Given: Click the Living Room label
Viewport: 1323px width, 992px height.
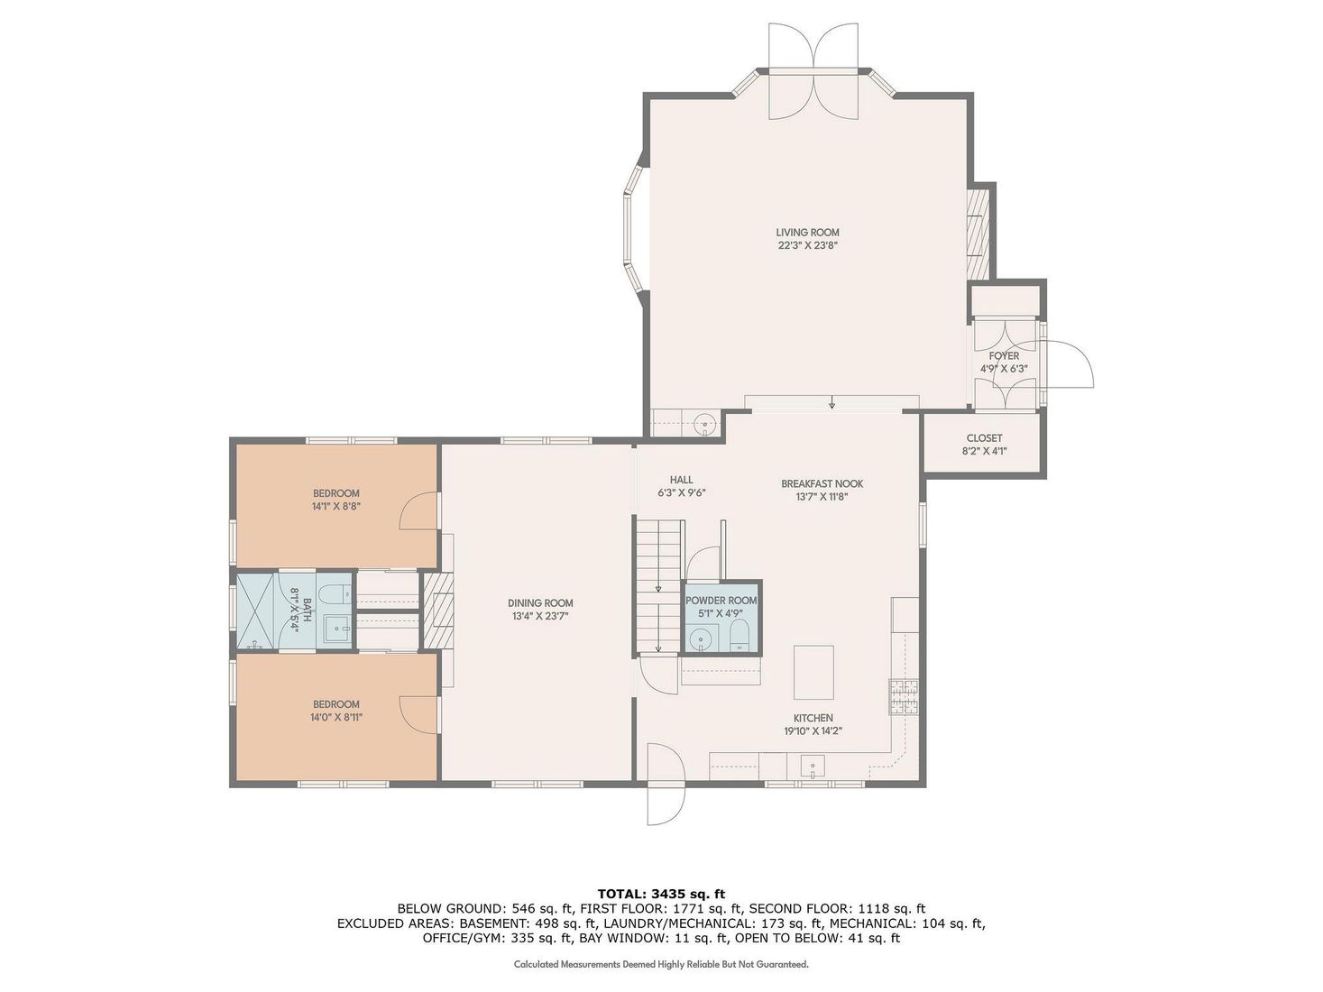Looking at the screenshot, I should coord(807,233).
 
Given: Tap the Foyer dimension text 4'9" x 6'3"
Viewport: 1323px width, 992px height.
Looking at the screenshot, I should coord(1004,369).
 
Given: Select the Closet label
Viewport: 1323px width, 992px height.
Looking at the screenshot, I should coord(984,438).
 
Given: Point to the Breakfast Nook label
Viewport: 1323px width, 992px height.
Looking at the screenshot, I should coord(822,484).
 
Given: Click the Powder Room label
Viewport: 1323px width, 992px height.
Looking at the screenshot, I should coord(721,601).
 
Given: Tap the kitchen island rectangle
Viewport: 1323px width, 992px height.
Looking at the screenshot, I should coord(813,672).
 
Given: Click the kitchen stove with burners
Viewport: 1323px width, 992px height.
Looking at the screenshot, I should coord(904,696).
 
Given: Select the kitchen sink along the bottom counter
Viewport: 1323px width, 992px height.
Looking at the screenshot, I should coord(813,767).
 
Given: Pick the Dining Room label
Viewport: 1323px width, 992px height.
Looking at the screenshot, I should coord(540,603).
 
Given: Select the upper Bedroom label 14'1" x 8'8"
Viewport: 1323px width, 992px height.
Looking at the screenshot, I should coord(335,493).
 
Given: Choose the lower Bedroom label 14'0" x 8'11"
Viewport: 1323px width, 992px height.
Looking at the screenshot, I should coord(335,704).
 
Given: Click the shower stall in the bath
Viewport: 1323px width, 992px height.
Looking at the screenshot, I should coord(256,611).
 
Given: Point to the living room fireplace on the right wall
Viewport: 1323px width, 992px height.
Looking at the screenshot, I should coord(978,234).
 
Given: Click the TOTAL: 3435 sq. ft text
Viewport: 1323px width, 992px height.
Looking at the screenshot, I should coord(661,894).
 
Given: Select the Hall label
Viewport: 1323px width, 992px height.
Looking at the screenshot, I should coord(681,480).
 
